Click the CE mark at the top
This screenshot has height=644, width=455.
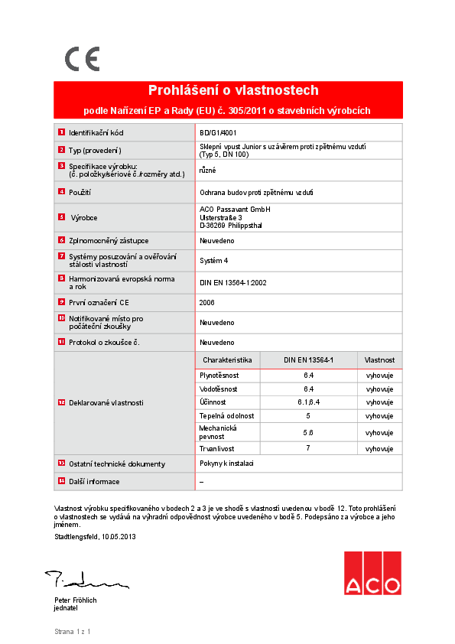82,59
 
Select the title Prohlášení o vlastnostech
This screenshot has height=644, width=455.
232,90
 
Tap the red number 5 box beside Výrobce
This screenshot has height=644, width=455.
61,217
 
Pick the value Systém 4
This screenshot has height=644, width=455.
213,260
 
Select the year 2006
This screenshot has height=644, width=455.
207,302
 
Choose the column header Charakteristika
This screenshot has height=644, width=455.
227,359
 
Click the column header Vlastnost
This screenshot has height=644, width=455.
379,359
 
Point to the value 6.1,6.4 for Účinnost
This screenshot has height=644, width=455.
308,402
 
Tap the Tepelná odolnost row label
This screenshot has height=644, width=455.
227,415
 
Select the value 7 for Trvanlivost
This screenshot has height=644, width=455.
308,448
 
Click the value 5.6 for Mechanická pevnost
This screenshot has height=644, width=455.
308,432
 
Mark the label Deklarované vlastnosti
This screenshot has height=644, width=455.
106,402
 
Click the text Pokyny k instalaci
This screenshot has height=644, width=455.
226,463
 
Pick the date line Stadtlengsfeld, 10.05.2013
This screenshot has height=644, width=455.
95,536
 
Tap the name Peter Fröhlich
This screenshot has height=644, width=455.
75,600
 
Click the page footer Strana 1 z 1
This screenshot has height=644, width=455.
73,632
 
